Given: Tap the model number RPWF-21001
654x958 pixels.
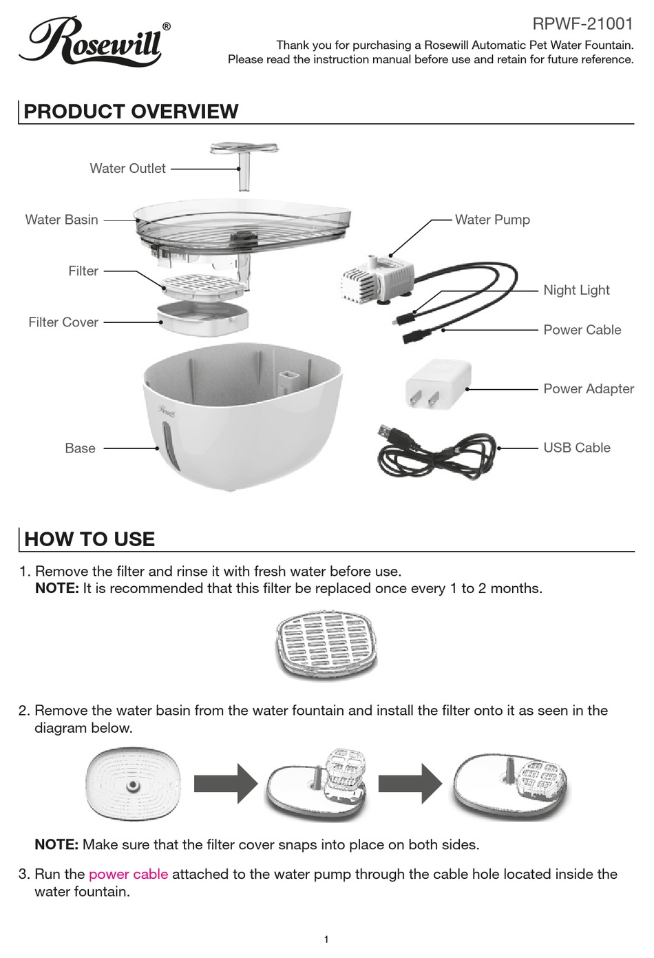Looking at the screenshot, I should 582,24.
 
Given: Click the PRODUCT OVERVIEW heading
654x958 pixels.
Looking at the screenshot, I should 131,112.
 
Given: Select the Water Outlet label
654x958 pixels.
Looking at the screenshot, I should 127,169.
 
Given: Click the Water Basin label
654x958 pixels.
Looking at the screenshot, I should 61,220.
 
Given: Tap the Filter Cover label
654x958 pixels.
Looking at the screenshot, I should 63,322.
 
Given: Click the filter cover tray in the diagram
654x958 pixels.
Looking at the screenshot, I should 203,318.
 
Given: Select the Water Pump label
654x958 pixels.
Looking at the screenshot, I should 492,220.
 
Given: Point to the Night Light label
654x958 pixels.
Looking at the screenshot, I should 576,290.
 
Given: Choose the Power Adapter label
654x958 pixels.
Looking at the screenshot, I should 589,388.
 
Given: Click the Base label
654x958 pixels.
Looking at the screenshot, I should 80,448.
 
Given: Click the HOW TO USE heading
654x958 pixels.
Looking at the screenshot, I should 89,539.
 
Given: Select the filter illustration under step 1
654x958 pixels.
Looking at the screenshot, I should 327,645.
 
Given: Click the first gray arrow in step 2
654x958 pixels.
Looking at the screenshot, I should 224,783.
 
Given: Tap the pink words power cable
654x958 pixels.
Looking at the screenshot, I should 128,874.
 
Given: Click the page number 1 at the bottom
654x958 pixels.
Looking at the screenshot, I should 326,939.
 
